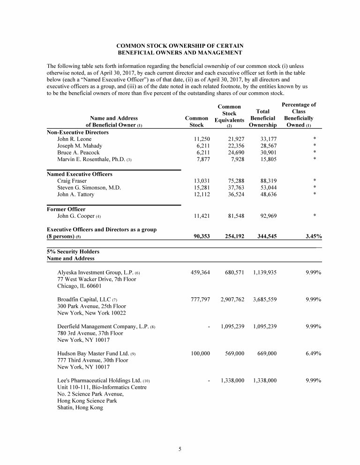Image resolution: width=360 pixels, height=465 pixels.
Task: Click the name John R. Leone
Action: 75,139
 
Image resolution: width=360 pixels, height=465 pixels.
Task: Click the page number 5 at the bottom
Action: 180,450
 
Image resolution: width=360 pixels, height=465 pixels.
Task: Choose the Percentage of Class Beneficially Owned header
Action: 298,115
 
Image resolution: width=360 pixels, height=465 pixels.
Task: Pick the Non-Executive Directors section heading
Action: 78,133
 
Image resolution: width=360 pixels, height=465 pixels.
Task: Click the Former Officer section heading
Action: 66,209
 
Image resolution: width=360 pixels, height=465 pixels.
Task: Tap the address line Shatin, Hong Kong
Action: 80,407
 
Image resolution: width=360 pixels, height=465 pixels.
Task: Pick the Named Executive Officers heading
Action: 80,174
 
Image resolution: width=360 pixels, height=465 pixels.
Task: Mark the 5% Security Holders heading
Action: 69,251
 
